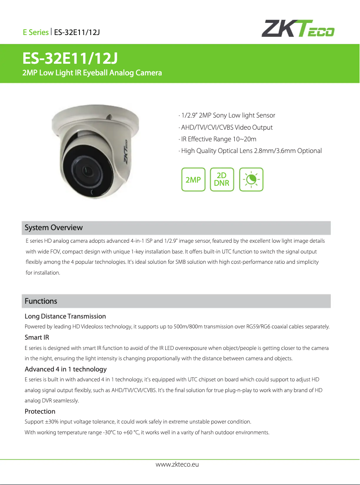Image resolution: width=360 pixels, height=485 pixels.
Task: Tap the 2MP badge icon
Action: [193, 180]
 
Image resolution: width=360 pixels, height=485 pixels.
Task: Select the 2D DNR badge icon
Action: [222, 179]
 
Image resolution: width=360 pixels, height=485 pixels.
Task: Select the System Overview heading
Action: [53, 227]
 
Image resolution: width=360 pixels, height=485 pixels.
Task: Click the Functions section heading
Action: [41, 301]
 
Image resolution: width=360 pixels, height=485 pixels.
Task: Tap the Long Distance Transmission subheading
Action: [65, 316]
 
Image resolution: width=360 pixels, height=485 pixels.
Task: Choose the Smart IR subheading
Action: [37, 337]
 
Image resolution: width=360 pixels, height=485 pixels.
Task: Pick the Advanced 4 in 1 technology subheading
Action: [66, 369]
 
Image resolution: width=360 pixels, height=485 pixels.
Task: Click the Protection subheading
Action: [40, 411]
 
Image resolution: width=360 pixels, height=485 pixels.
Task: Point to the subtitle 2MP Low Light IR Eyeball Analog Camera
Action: [92, 73]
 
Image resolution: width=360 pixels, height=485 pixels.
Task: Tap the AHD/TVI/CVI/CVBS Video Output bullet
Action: [225, 127]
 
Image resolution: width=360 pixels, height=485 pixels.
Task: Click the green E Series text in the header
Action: [35, 32]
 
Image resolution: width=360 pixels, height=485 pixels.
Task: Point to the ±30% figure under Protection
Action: [50, 422]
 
